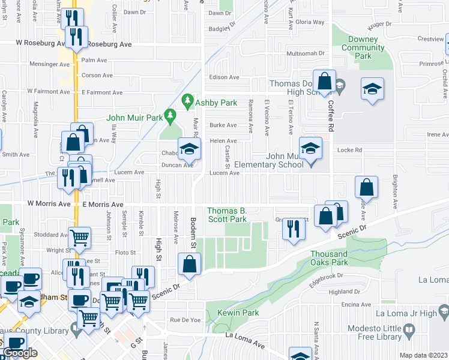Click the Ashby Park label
(219, 103)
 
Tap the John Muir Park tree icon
(171, 114)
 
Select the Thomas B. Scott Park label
(228, 215)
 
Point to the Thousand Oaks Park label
(329, 258)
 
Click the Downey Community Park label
(363, 47)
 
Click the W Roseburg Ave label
(40, 44)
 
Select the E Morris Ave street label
(103, 205)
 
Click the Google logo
(20, 353)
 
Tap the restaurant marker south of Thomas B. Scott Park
(293, 229)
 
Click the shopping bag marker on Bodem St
(190, 263)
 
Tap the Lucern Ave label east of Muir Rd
(224, 173)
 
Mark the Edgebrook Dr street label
(327, 276)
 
